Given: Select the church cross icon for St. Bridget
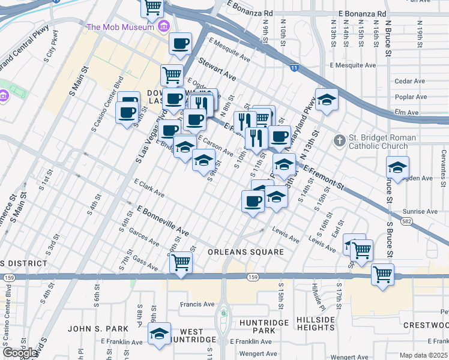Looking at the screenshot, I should (x=340, y=141).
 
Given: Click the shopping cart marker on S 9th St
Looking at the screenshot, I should (x=181, y=262).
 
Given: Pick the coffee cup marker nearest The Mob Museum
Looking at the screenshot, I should (x=180, y=43).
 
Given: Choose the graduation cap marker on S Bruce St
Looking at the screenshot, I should (x=397, y=167).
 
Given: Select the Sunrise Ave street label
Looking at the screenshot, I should (x=420, y=212).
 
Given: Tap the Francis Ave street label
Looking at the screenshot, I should (x=197, y=304).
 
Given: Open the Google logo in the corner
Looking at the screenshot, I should (x=20, y=353).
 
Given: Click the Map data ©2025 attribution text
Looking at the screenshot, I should (x=423, y=355).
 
